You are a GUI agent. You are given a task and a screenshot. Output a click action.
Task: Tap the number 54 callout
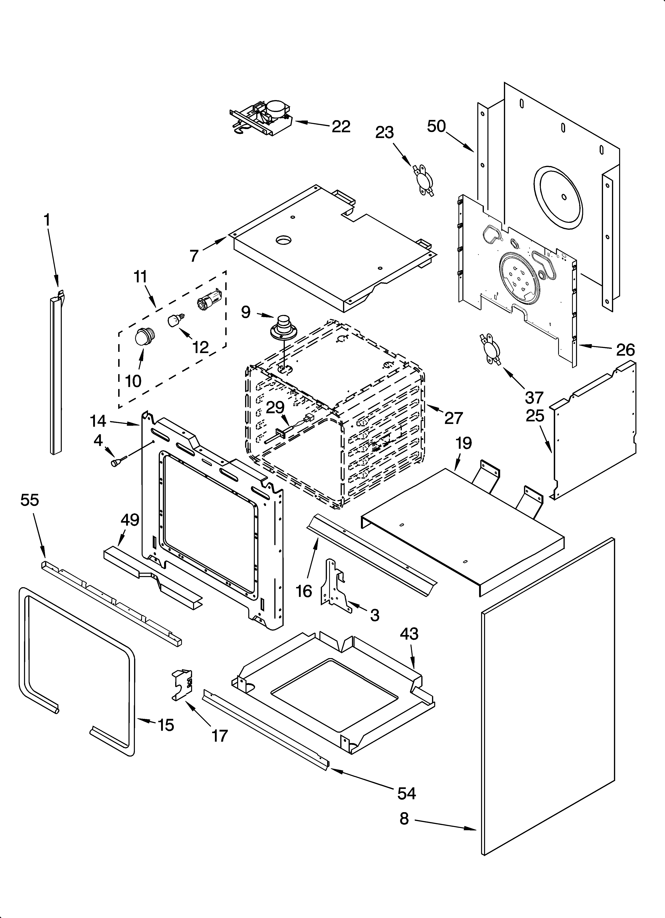click(406, 794)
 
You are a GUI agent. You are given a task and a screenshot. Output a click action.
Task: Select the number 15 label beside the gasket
click(166, 725)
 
